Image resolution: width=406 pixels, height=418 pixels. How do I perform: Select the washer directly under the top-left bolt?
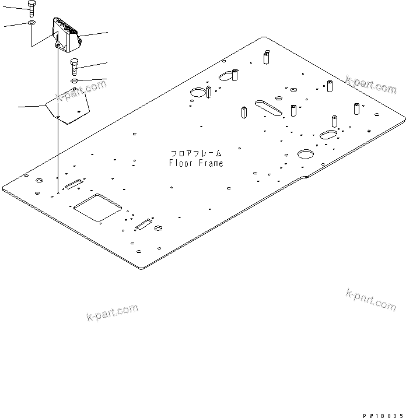(x=30, y=24)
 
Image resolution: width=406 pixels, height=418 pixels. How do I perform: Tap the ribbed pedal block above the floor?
(x=65, y=34)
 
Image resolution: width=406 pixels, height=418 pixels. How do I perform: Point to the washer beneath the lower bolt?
(x=75, y=80)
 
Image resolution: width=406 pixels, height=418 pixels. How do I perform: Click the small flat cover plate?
(x=68, y=107)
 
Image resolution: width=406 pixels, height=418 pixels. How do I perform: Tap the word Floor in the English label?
(x=181, y=163)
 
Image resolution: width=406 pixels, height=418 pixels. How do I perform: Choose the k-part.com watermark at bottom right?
(x=370, y=299)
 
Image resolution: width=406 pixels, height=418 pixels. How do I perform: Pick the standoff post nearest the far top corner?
(x=265, y=58)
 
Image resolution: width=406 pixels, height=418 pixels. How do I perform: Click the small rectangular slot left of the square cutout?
(x=73, y=184)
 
